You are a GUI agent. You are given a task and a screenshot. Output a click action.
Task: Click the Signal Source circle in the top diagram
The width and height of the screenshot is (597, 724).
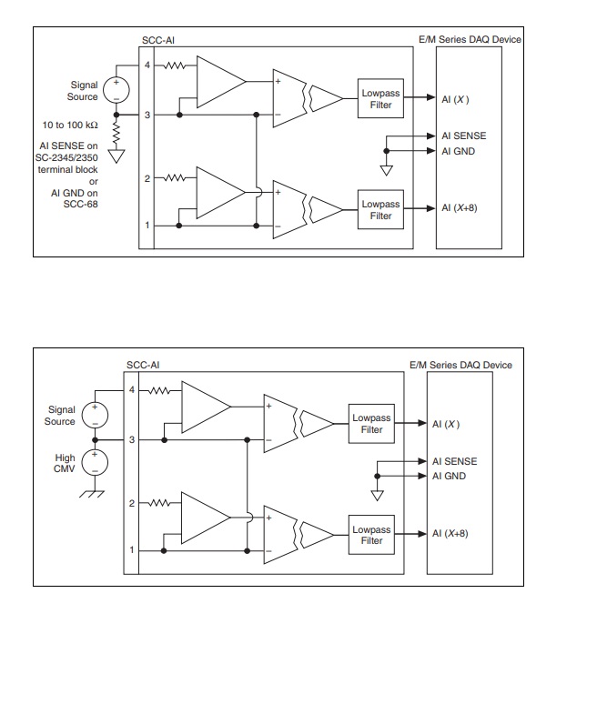pyautogui.click(x=116, y=89)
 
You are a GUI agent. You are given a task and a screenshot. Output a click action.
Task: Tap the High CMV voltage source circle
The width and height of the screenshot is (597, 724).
pyautogui.click(x=95, y=462)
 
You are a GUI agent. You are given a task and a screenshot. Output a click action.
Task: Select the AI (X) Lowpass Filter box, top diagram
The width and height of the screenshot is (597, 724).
pyautogui.click(x=380, y=99)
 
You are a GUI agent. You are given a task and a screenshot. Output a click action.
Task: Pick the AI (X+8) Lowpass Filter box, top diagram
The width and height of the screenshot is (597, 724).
pyautogui.click(x=380, y=210)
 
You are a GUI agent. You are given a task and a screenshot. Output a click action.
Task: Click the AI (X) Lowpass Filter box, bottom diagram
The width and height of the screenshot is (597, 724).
pyautogui.click(x=371, y=424)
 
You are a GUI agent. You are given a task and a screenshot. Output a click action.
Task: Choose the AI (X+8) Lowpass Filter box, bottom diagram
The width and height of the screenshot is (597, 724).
pyautogui.click(x=371, y=535)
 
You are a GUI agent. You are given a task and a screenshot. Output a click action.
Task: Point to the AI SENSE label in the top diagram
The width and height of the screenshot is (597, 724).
pyautogui.click(x=463, y=136)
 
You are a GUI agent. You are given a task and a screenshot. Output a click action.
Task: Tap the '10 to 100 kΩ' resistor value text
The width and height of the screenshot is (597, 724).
pyautogui.click(x=70, y=126)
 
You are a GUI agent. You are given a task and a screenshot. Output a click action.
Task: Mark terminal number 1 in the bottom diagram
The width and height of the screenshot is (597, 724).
pyautogui.click(x=131, y=549)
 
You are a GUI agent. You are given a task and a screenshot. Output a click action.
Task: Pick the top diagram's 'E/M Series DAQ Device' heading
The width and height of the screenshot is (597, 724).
pyautogui.click(x=468, y=41)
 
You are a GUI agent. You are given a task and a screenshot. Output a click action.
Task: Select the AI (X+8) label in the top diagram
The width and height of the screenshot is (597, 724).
pyautogui.click(x=459, y=208)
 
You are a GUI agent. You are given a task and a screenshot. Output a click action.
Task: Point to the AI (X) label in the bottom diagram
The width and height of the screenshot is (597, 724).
pyautogui.click(x=446, y=424)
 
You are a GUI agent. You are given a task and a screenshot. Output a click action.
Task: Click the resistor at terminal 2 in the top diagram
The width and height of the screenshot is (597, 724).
pyautogui.click(x=175, y=177)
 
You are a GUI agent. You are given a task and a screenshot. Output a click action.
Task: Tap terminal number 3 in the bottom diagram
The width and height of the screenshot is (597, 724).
pyautogui.click(x=131, y=440)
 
